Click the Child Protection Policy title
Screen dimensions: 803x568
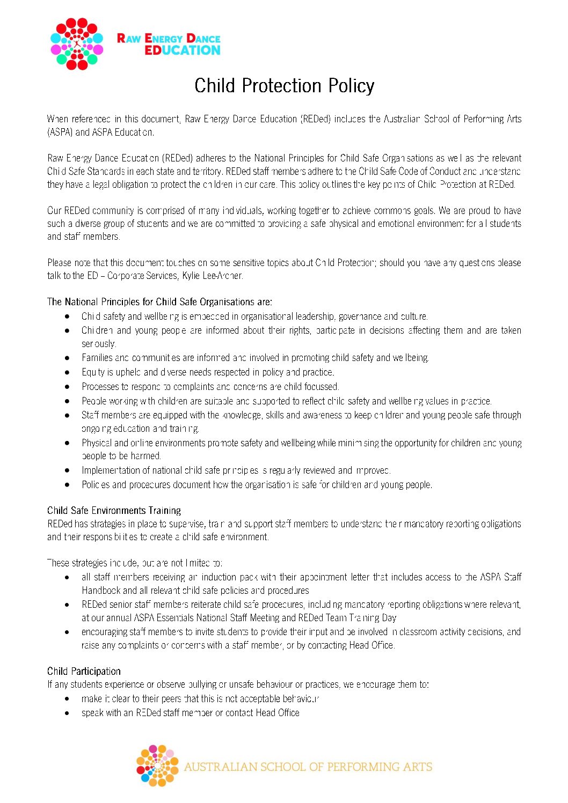tap(284, 86)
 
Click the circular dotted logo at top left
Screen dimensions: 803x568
tap(77, 44)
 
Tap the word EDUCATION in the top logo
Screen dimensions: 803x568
tap(183, 50)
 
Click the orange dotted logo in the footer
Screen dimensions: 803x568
tap(157, 765)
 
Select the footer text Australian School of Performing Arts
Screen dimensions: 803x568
tap(308, 767)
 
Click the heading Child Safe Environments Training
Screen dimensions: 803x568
tap(114, 510)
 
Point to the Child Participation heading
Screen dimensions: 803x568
tap(84, 671)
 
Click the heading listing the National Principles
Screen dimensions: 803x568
tap(159, 301)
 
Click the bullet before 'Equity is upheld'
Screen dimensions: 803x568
tap(67, 372)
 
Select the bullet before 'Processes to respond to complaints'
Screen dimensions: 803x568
tap(67, 387)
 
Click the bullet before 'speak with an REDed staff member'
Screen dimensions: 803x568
tap(67, 713)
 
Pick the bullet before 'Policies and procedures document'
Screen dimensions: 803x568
tap(67, 485)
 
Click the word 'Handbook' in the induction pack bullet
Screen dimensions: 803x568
tap(101, 590)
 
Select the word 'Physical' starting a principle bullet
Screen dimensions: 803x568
tap(97, 443)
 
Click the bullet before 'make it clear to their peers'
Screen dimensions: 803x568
tap(67, 699)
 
